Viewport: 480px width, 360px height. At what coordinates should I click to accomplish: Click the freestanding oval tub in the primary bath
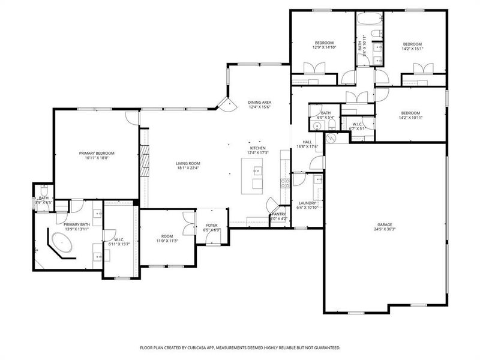point(62,244)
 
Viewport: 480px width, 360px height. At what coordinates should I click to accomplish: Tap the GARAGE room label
point(385,224)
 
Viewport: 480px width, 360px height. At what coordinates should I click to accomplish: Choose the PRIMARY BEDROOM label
point(97,153)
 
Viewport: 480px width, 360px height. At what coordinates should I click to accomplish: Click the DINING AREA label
point(260,103)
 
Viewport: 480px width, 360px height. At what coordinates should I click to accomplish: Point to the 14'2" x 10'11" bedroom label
point(411,117)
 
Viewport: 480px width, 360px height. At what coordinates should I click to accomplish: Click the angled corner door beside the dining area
point(227,105)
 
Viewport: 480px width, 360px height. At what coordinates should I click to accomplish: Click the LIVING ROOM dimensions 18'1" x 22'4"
point(188,168)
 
